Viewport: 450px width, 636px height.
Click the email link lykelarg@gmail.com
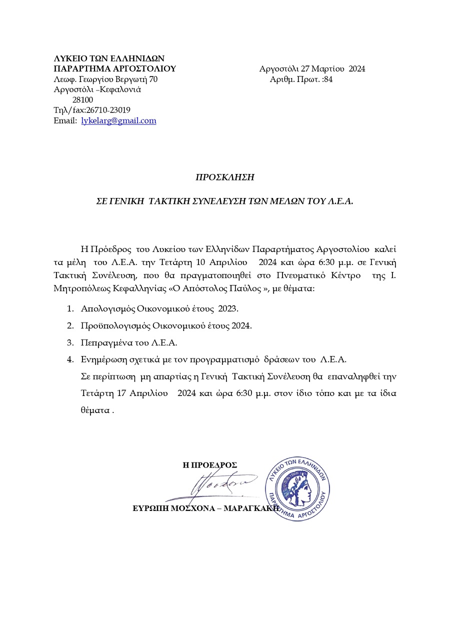click(118, 120)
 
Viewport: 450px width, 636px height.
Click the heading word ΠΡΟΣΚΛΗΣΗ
click(224, 177)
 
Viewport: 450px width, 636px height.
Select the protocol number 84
click(328, 79)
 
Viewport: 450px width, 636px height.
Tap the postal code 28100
click(82, 99)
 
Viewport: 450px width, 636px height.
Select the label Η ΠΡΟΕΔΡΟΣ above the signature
click(209, 465)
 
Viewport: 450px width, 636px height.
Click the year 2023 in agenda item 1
click(228, 308)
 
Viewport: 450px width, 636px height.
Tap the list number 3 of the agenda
click(70, 342)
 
